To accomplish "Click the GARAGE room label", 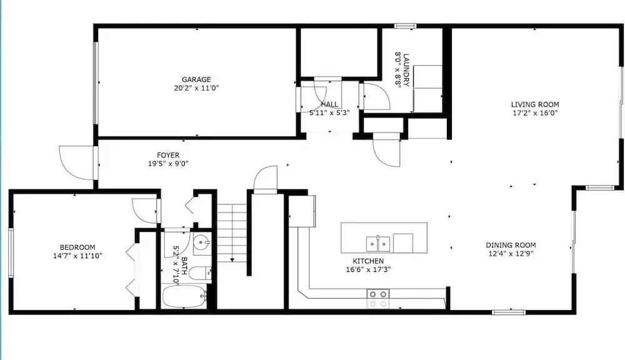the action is coord(196,80).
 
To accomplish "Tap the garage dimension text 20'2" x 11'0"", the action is coord(196,88).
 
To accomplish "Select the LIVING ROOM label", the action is coord(535,104).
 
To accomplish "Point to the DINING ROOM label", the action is coord(511,245).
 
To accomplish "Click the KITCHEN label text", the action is coord(368,261).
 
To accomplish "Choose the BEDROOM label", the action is coord(77,247).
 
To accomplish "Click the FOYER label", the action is coord(167,155).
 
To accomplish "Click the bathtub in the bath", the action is coord(184,296).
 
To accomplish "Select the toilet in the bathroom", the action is coord(200,274).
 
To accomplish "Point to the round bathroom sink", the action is coord(201,242).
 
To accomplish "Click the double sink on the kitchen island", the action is coord(378,244).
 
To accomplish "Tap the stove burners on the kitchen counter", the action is coord(378,299).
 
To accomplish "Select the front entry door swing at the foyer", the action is coord(77,162).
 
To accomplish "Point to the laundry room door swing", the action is coord(376,96).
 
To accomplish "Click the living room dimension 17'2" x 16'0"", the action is coord(535,113).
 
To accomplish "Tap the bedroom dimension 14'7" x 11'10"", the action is coord(77,256).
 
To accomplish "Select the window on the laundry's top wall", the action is coord(406,26).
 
